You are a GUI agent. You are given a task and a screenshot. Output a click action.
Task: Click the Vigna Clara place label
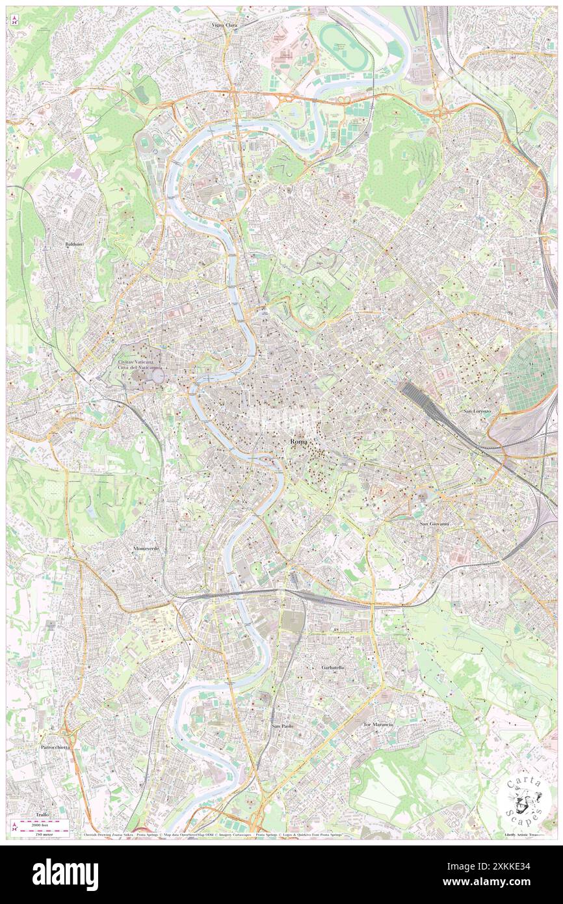coord(224,25)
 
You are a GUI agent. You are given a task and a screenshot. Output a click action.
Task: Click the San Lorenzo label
coord(477,412)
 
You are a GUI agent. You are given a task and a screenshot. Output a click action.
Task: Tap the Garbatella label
coord(333,668)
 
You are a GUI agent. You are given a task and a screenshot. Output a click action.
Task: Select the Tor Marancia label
coord(378,724)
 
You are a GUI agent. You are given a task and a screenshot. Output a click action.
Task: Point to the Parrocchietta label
coord(55,748)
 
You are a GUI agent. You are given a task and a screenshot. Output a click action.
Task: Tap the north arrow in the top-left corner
coord(14,21)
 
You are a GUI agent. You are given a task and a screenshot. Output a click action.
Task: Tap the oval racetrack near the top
coord(343,47)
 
